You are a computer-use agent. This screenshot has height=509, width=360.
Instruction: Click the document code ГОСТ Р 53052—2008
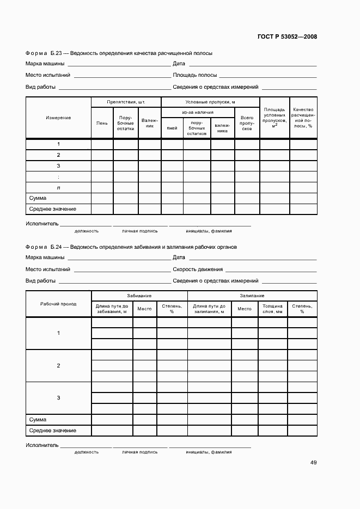287,37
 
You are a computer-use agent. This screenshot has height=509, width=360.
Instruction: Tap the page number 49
313,463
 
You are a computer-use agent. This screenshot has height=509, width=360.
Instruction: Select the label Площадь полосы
194,75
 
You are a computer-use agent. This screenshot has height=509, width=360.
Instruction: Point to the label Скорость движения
197,269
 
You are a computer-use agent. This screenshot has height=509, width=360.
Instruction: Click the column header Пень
102,123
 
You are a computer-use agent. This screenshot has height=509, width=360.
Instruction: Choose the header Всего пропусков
247,123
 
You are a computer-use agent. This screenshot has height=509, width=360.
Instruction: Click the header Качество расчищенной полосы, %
302,118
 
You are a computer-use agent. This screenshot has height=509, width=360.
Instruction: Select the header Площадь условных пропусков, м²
274,118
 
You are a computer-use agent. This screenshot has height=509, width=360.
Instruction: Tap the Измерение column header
58,118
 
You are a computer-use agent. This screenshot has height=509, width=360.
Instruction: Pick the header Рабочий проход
58,304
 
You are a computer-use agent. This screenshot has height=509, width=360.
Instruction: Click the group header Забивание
139,296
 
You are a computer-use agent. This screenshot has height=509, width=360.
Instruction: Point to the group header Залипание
252,296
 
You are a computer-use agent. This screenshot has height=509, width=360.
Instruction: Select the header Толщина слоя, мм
272,309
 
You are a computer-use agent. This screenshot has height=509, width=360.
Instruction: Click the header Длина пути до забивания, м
112,309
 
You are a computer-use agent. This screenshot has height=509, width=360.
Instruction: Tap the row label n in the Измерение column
58,188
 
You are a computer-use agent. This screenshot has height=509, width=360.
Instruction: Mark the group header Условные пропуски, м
210,102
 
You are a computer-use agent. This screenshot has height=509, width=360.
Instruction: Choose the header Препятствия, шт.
126,102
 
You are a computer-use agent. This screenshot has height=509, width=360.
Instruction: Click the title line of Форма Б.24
131,247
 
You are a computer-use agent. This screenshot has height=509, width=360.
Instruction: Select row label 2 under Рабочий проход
58,366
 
